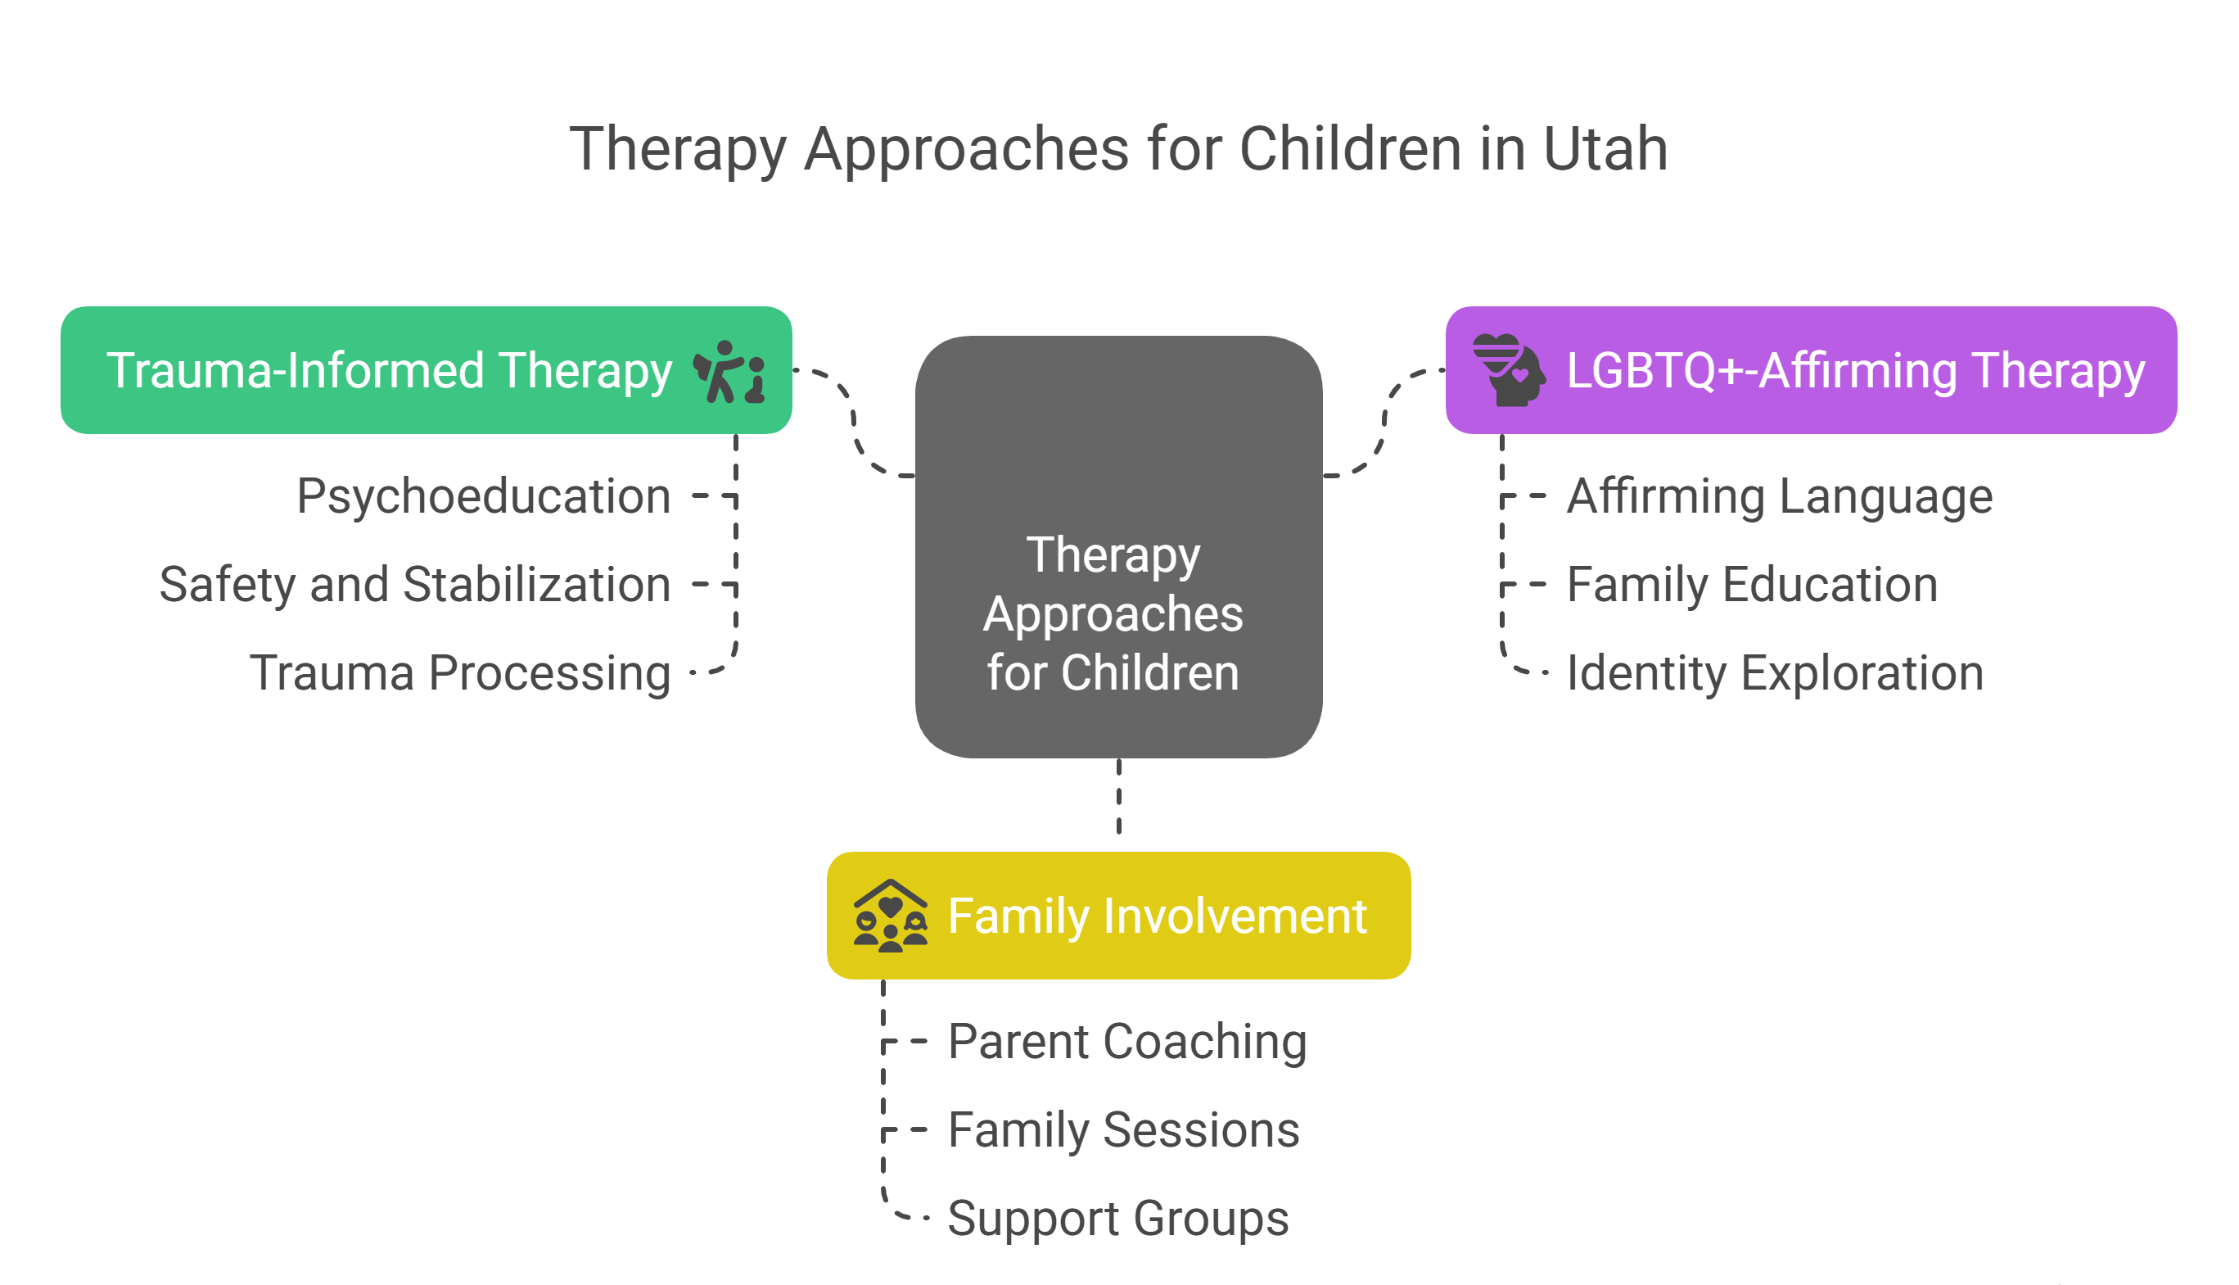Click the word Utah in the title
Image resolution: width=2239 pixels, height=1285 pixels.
tap(1605, 148)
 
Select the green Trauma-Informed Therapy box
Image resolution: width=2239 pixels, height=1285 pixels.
tap(426, 370)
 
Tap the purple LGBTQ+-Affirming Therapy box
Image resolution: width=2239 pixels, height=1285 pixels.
tap(1811, 370)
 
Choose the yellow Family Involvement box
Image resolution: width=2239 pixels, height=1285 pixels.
tap(1118, 915)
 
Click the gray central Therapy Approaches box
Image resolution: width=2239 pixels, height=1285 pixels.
tap(1118, 546)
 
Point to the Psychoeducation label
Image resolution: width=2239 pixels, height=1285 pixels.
tap(484, 497)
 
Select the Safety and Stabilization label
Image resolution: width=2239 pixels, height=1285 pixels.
tap(414, 584)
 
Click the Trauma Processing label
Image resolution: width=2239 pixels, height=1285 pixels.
tap(459, 673)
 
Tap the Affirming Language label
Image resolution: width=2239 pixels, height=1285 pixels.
tap(1780, 497)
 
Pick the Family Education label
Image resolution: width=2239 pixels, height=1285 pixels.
tap(1752, 584)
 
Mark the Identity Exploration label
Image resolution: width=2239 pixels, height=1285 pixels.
tap(1775, 673)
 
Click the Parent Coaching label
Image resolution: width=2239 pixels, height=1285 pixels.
tap(1127, 1043)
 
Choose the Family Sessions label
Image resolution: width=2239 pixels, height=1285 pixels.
tap(1124, 1129)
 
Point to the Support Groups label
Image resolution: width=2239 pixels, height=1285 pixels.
tap(1118, 1219)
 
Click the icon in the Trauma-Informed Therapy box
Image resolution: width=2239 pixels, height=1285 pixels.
tap(729, 372)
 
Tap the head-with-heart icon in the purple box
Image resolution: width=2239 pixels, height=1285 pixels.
tap(1510, 370)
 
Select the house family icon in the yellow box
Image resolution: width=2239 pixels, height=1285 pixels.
tap(890, 915)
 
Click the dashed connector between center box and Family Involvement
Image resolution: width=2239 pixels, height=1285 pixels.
tap(1118, 796)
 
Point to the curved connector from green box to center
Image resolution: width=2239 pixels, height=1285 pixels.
tap(853, 422)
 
